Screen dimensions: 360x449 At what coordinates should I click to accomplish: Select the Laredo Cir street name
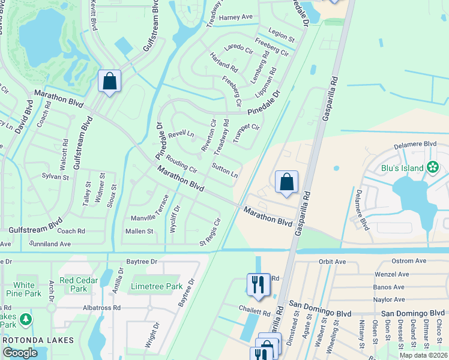coord(238,47)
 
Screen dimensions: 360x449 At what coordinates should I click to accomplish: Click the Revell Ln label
coord(181,134)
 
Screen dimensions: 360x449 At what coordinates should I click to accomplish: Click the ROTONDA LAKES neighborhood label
coord(38,340)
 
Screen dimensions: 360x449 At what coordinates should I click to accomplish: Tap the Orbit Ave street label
coord(332,262)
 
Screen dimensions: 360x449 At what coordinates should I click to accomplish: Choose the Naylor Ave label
coord(390,299)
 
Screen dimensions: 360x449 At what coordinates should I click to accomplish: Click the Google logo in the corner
coord(20,352)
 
